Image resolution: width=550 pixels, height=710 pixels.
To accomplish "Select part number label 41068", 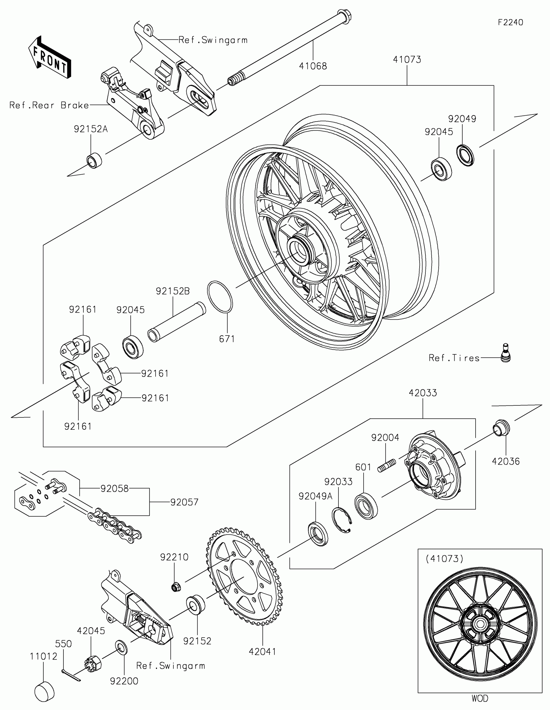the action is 313,66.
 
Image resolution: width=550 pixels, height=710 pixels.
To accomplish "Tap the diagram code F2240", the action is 510,22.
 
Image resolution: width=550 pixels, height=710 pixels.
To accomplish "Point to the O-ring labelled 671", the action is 220,297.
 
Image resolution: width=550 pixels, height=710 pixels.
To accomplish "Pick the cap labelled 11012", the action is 44,692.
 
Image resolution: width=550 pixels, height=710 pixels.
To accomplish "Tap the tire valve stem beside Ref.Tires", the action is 505,352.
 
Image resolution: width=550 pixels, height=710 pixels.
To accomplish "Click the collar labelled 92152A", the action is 94,160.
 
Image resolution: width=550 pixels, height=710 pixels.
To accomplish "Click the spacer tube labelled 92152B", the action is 177,322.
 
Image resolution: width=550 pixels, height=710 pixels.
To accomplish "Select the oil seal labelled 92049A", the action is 318,533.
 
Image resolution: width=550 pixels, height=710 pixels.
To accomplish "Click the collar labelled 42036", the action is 501,427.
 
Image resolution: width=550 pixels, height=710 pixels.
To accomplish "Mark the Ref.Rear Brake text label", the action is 49,105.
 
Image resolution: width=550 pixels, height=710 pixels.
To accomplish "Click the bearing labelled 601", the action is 366,506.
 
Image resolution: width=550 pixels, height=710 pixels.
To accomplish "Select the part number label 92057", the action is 184,502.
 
